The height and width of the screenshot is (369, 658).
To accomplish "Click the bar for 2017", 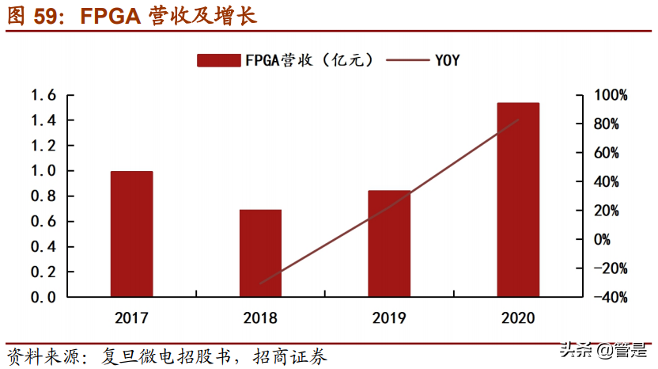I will coord(131,234).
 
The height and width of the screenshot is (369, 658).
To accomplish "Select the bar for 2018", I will coord(260,253).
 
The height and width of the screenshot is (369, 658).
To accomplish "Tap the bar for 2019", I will coord(389,243).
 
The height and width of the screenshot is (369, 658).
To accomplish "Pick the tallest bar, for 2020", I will coord(518,200).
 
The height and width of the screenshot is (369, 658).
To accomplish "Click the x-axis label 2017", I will coord(131,318).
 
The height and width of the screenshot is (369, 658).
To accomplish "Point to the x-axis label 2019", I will coord(389,318).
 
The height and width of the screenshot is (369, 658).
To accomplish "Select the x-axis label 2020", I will coord(518,318).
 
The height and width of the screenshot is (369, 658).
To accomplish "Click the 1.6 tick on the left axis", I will coord(43,96).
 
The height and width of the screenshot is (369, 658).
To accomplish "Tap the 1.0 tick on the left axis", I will coord(43,171).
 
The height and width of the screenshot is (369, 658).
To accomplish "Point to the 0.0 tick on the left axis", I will coord(43,297).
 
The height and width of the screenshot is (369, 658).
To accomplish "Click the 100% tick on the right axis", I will coord(611,96).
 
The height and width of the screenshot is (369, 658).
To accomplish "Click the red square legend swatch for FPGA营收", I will coord(218,60).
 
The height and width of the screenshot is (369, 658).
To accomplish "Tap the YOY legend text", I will coord(446,60).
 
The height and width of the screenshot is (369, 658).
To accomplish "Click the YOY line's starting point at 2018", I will coord(260,283).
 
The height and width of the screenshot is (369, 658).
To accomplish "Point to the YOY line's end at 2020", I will coord(518,120).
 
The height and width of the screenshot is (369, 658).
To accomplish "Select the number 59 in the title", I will coord(47,16).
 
